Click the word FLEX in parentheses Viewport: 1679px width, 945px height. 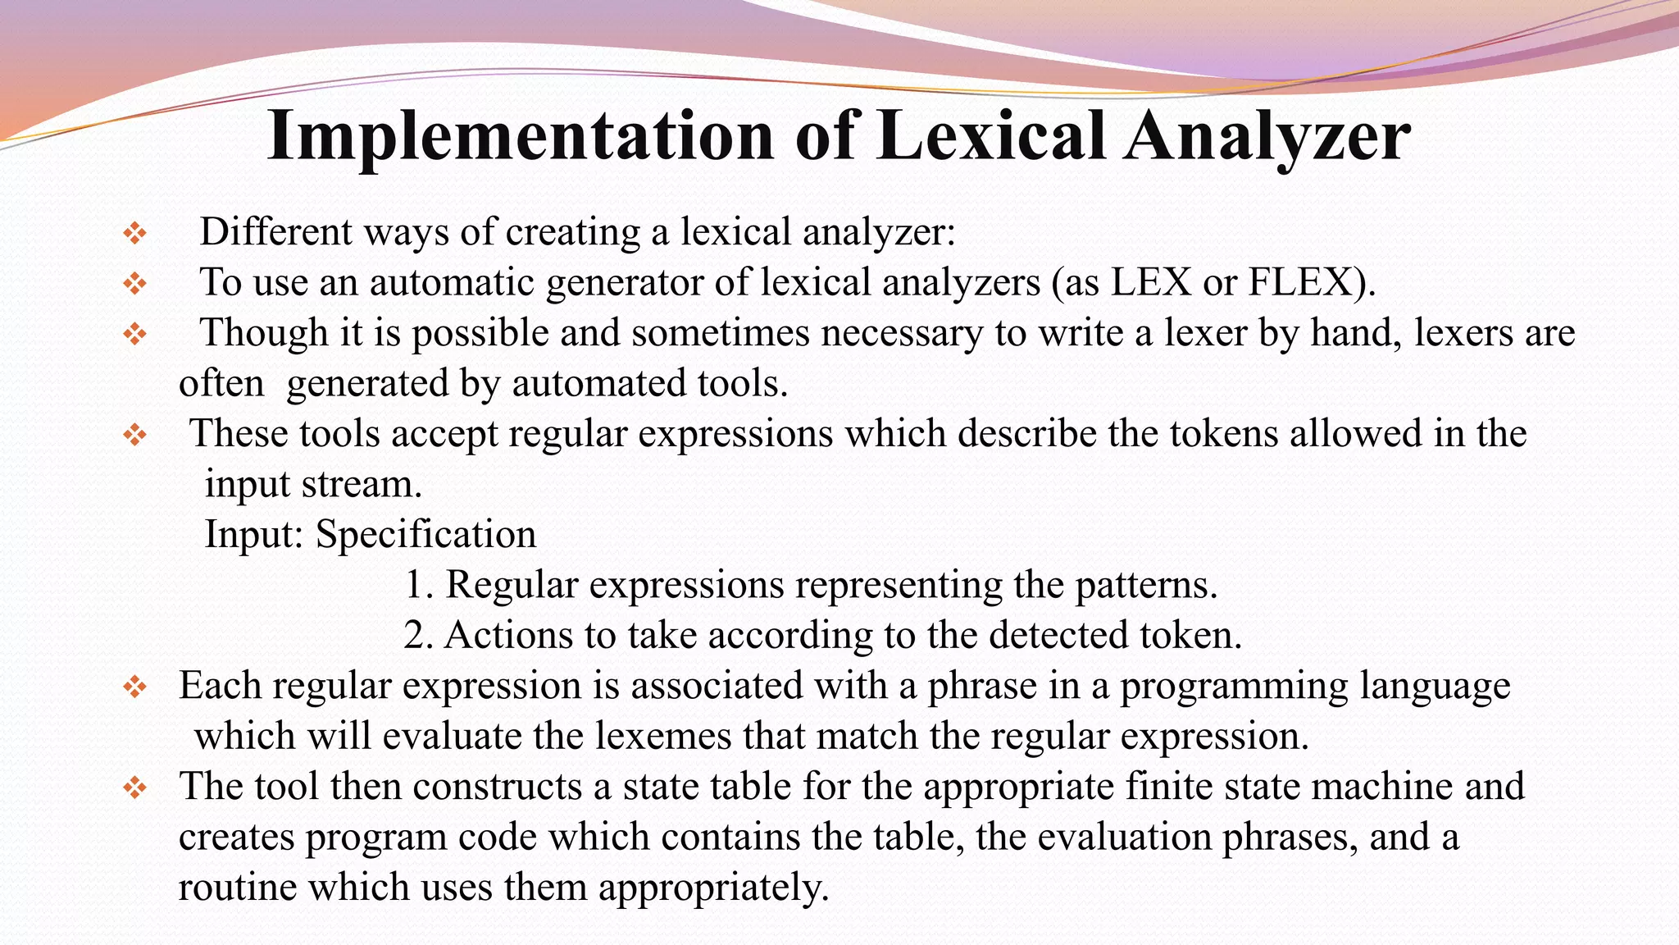[1304, 282]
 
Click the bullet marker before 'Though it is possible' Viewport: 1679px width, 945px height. [134, 334]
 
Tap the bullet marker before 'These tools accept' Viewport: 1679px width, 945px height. [134, 435]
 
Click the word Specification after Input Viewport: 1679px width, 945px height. [425, 535]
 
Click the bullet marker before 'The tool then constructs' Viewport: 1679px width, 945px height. [134, 788]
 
